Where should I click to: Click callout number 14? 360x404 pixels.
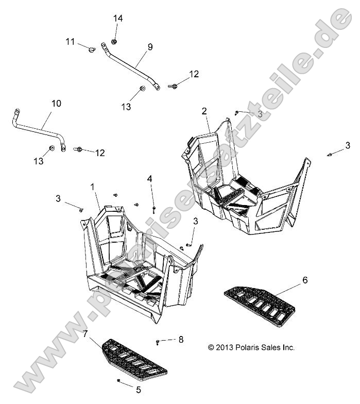click(x=118, y=19)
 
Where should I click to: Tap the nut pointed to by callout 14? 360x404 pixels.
click(x=114, y=41)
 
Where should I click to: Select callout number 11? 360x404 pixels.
click(x=70, y=41)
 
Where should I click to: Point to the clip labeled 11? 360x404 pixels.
click(x=92, y=49)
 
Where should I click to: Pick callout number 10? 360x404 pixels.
click(x=56, y=103)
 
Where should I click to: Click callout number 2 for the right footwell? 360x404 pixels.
click(x=204, y=111)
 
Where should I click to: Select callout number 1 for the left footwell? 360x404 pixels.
click(x=93, y=187)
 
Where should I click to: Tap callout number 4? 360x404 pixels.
click(x=149, y=178)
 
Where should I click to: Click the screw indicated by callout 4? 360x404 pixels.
click(x=153, y=210)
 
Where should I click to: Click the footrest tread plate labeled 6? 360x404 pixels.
click(x=260, y=307)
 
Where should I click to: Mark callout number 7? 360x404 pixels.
click(x=85, y=334)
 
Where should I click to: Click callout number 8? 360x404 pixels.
click(x=181, y=339)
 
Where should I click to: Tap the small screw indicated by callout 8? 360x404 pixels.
click(x=158, y=342)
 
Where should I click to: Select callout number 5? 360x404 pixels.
click(x=139, y=390)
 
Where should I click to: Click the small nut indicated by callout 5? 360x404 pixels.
click(x=118, y=380)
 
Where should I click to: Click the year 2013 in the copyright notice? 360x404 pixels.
click(x=225, y=347)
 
